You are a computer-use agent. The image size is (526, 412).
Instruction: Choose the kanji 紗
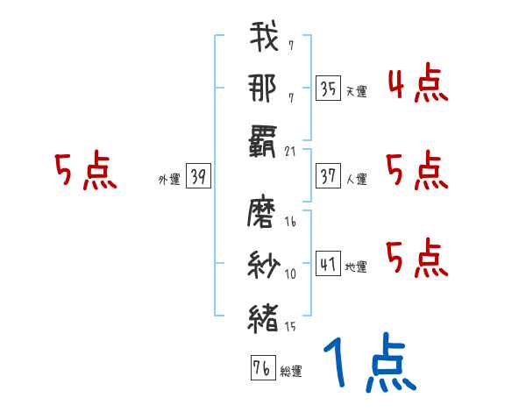264,266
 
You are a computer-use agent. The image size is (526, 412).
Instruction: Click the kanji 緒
264,317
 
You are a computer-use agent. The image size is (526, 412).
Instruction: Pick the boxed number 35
328,89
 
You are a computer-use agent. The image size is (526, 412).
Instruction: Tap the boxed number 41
328,265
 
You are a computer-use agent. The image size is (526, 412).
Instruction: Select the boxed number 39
198,178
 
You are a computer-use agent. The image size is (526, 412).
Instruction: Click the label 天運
355,90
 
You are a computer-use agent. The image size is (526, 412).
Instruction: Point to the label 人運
357,180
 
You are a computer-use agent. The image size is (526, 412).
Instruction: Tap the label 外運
168,180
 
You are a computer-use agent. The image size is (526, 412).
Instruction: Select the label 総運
290,371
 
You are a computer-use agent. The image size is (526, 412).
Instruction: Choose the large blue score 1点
367,364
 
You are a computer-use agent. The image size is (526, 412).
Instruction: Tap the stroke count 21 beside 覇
292,153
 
